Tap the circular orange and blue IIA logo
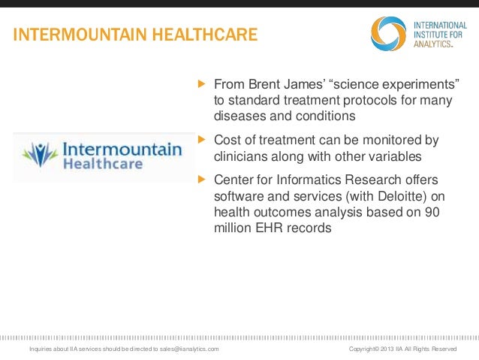388,33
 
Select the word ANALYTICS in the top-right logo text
435,44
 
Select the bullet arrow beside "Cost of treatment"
200,140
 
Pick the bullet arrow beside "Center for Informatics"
200,180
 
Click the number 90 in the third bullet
432,213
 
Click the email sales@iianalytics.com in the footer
185,350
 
